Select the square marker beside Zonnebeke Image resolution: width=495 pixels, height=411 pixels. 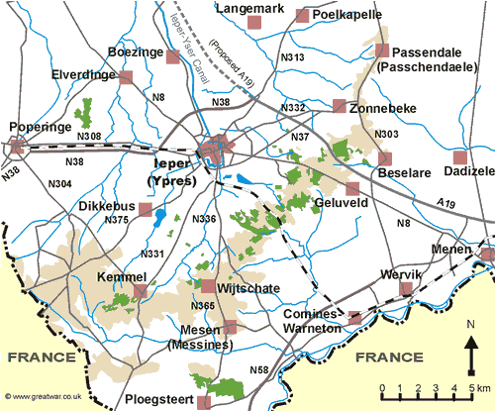(x=340, y=106)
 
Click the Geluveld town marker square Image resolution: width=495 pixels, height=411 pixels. (x=352, y=188)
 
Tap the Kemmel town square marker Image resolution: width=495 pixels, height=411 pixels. (x=141, y=291)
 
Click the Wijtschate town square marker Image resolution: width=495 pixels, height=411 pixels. (x=208, y=286)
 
